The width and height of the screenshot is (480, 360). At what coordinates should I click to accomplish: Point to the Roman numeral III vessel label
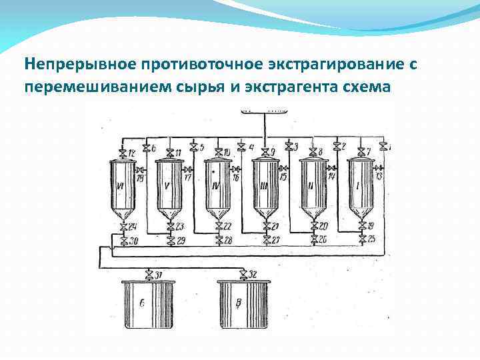(264, 186)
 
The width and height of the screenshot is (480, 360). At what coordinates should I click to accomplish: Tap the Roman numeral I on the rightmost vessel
(359, 186)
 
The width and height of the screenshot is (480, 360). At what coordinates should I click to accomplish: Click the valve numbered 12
(123, 153)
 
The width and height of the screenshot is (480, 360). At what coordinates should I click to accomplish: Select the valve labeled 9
(265, 153)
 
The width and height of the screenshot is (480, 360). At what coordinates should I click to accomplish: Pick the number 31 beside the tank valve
(157, 274)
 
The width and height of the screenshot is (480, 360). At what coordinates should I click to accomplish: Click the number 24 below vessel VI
(132, 227)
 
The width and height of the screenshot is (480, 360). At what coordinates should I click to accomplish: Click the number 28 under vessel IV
(228, 239)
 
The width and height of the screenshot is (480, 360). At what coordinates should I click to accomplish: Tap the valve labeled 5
(193, 146)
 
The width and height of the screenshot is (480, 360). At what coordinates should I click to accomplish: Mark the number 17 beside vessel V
(188, 178)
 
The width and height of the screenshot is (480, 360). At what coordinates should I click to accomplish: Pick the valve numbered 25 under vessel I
(361, 239)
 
